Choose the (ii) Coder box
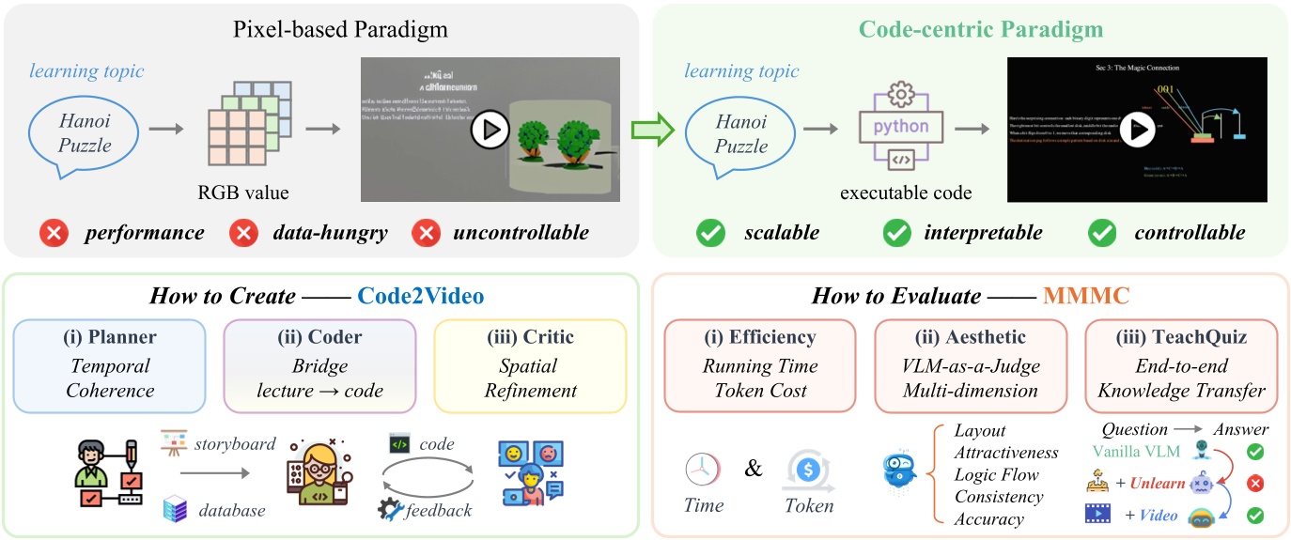(319, 366)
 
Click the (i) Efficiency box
(760, 366)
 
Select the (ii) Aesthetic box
(970, 366)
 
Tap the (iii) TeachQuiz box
(1180, 366)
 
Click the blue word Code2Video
(421, 296)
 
